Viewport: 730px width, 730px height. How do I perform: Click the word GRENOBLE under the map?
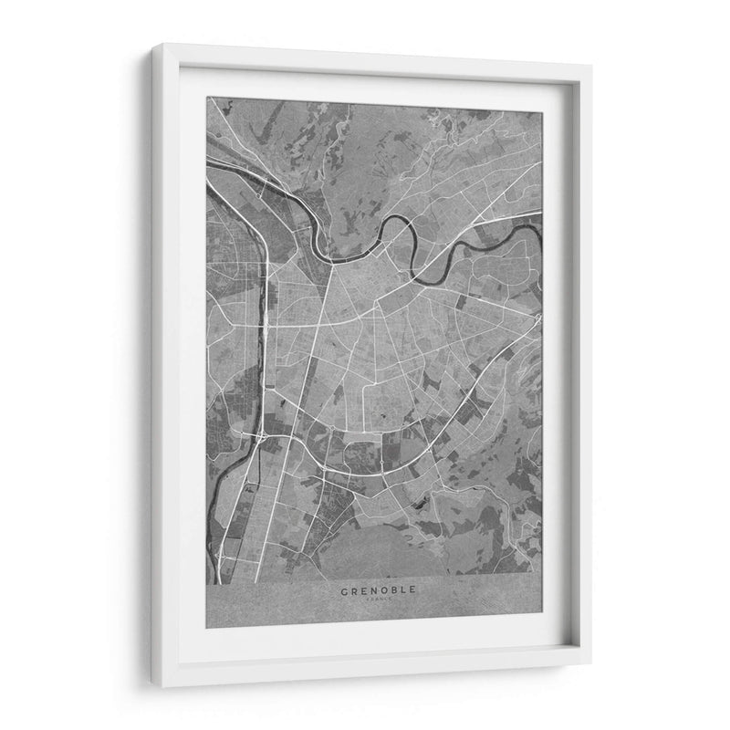[x=379, y=589]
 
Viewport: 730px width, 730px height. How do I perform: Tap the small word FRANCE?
[x=379, y=600]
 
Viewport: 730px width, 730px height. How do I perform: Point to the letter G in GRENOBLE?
[x=345, y=589]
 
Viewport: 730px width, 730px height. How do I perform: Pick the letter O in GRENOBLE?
[x=384, y=589]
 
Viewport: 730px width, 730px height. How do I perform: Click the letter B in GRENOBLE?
[x=394, y=589]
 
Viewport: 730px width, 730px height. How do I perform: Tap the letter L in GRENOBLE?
[x=404, y=589]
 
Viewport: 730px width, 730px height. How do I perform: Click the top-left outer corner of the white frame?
[x=152, y=44]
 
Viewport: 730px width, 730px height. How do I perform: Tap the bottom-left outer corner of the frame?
[x=152, y=686]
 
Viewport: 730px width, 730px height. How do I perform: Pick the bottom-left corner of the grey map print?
[x=207, y=629]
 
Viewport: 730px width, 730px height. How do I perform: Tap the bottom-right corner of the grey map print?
[x=542, y=613]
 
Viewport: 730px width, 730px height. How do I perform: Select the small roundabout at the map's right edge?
[x=538, y=318]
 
